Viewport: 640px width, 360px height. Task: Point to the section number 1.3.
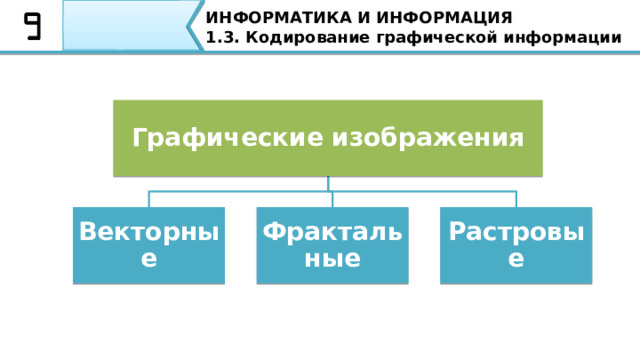point(218,38)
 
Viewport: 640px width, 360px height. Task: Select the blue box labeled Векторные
point(148,245)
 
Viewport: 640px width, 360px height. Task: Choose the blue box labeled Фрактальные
point(332,245)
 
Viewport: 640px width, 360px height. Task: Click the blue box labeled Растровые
point(516,245)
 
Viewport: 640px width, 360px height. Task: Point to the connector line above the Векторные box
point(149,198)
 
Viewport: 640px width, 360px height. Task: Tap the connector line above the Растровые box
point(516,198)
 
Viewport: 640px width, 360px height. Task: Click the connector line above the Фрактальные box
point(332,198)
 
